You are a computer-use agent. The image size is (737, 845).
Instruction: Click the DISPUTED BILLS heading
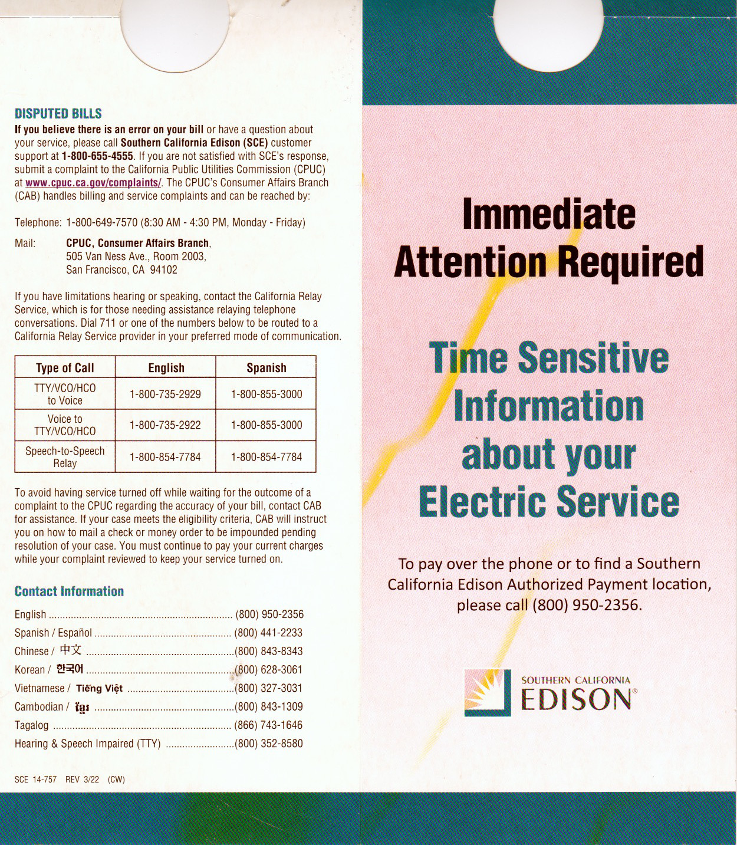point(58,114)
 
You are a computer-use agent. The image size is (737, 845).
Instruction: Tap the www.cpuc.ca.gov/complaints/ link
point(93,183)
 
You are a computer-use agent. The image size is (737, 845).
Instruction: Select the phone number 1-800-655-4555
point(97,156)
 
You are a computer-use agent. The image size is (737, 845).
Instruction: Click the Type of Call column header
point(65,368)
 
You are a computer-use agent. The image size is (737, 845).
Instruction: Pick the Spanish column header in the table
point(266,368)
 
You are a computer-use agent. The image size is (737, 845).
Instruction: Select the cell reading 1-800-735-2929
point(165,394)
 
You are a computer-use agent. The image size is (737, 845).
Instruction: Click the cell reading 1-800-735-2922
point(165,425)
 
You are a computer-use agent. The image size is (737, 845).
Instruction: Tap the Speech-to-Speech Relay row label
point(65,457)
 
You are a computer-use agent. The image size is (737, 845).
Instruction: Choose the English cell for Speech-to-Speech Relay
point(165,457)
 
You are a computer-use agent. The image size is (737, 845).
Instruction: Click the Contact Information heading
point(69,591)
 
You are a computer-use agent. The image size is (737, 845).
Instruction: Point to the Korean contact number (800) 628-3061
point(269,670)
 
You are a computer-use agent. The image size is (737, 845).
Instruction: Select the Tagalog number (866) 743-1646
point(269,725)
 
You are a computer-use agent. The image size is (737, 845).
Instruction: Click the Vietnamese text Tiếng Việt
point(99,688)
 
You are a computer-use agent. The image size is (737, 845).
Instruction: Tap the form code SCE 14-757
point(35,780)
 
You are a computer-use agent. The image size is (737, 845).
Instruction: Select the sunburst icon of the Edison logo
point(487,692)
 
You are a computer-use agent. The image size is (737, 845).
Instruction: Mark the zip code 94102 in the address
point(163,269)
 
